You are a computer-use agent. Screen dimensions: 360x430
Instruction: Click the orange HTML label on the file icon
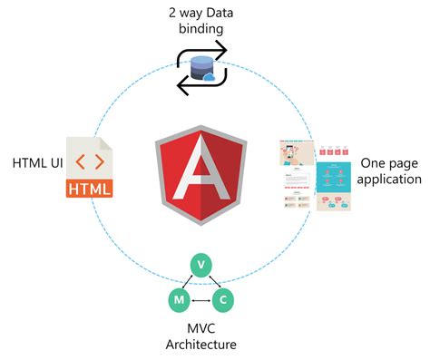click(90, 190)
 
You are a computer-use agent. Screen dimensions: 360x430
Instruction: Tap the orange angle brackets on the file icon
click(90, 164)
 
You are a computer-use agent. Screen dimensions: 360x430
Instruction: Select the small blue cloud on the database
click(209, 76)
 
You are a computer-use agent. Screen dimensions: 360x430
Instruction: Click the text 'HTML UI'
click(37, 163)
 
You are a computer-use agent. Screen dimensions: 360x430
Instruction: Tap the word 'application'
click(389, 179)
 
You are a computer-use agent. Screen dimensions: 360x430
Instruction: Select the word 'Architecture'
click(200, 344)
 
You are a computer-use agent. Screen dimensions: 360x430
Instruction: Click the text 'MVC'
click(200, 326)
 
